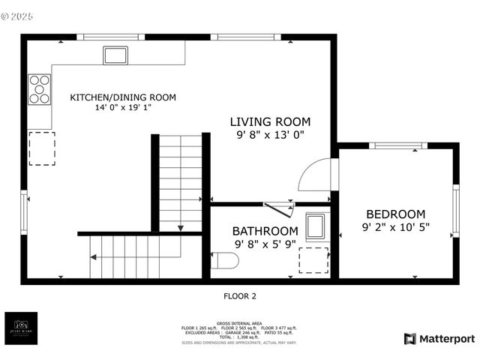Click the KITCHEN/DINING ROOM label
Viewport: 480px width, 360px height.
coord(123,97)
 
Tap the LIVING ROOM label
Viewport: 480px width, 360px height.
coord(270,121)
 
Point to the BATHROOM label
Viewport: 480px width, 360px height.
coord(265,230)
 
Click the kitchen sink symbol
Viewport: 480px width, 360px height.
coord(115,55)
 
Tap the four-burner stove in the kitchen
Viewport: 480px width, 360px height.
coord(40,89)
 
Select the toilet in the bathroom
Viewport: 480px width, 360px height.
coord(224,260)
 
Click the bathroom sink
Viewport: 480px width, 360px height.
coord(316,226)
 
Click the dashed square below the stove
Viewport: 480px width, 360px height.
coord(41,148)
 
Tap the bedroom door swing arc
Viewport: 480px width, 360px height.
coord(313,175)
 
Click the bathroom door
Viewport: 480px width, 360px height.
coord(278,210)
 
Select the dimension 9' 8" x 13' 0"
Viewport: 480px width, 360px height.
coord(270,135)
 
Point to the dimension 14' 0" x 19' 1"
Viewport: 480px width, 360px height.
coord(123,108)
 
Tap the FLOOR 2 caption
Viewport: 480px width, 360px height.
coord(240,296)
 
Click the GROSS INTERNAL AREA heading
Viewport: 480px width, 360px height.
coord(239,322)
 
